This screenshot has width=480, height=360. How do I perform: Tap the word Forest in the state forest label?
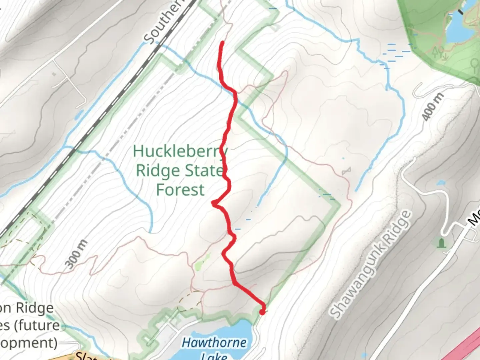(x=180, y=190)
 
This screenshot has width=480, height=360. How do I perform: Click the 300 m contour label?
(x=77, y=254)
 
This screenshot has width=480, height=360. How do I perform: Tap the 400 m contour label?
(x=432, y=106)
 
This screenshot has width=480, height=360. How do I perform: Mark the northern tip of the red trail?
(x=222, y=43)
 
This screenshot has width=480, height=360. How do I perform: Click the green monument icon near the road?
(x=442, y=243)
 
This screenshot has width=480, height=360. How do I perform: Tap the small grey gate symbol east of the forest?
(x=346, y=171)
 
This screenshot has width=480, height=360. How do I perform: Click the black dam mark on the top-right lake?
(x=460, y=12)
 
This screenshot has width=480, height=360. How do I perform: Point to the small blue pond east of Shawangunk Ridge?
(x=441, y=183)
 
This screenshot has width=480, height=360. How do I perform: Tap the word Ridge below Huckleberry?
(x=158, y=171)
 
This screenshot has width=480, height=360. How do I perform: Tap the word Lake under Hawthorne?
(x=214, y=357)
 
